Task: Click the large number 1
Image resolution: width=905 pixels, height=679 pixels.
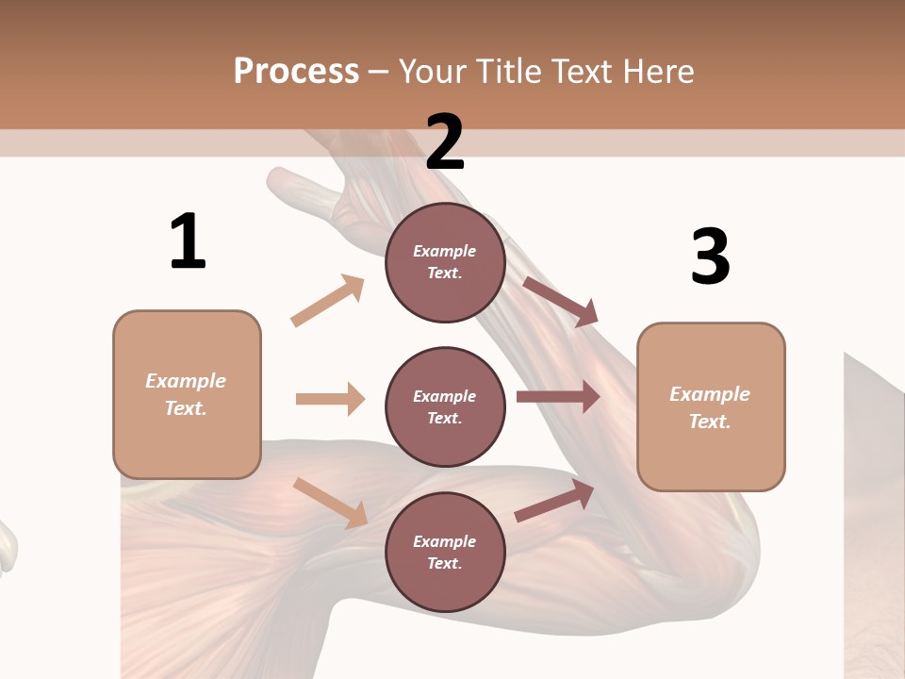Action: [x=188, y=242]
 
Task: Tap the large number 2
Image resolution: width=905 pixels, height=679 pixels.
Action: [x=445, y=142]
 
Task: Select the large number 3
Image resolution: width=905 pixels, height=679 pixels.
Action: [x=710, y=257]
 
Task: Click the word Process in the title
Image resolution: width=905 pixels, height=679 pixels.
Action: [x=296, y=71]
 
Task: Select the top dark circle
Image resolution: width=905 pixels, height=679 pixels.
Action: [x=445, y=262]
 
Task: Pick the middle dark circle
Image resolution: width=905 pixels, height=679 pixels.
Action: [x=445, y=406]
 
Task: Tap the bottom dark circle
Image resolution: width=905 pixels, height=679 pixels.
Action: [x=445, y=552]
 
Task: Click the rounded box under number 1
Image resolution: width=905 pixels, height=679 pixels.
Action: [x=187, y=394]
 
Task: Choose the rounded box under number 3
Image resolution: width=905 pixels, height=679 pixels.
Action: [x=711, y=406]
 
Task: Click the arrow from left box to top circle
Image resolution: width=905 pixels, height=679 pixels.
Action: [x=328, y=301]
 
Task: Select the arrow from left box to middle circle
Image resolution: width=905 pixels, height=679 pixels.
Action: [x=330, y=399]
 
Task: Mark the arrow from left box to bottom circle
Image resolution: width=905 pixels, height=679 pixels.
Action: [x=330, y=503]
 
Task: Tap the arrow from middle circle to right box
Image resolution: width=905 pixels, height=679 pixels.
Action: [x=558, y=397]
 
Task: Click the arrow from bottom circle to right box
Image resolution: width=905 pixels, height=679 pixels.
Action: [x=554, y=501]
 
